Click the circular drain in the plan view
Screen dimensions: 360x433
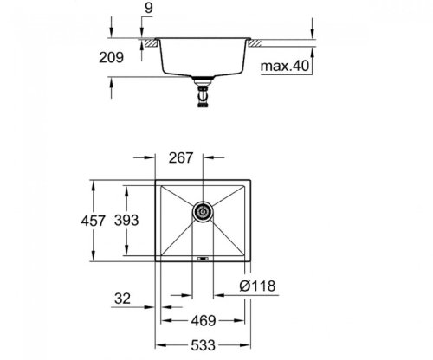pyautogui.click(x=202, y=209)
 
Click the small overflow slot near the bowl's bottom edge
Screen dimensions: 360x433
pyautogui.click(x=202, y=258)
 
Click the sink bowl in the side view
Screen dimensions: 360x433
pyautogui.click(x=203, y=56)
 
